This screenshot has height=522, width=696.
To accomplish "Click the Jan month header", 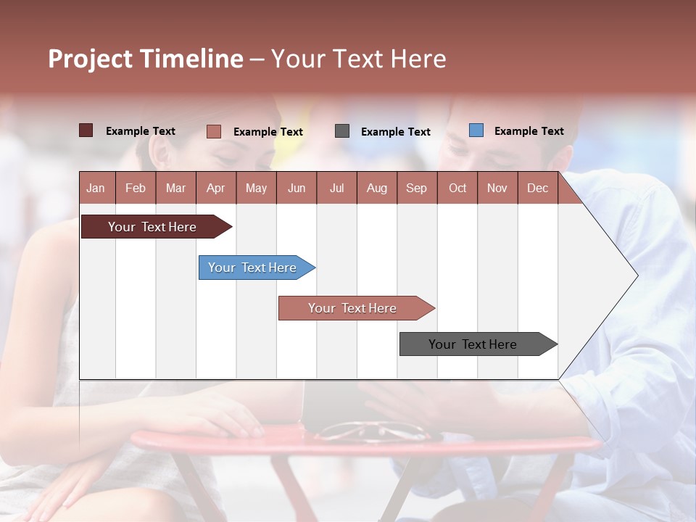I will click(96, 188).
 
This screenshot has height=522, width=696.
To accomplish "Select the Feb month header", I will click(136, 188).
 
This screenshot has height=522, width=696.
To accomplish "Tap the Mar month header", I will click(175, 188).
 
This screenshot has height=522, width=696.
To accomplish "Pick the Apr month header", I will click(215, 188).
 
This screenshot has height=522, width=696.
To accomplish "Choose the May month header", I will click(256, 188).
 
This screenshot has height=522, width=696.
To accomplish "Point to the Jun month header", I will click(297, 188).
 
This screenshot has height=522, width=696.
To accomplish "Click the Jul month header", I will click(336, 188).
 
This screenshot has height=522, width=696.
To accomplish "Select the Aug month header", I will click(376, 188).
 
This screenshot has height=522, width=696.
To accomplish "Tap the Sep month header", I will click(416, 188).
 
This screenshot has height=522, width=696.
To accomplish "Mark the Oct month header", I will click(457, 188).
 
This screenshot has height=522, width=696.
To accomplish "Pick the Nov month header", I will click(497, 188).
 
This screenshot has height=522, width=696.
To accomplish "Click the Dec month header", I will click(537, 188).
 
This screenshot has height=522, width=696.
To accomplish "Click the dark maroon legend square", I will click(86, 130).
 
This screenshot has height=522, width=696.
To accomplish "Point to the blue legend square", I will click(476, 130).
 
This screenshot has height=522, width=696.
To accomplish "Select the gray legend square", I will click(342, 130).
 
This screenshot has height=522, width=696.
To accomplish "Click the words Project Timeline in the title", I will click(145, 59).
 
